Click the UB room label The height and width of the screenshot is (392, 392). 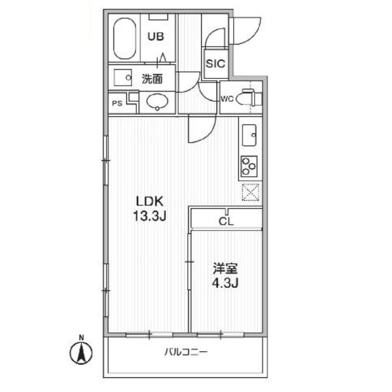click(x=156, y=36)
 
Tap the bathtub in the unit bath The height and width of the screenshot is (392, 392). click(x=125, y=38)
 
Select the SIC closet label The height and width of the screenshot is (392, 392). click(x=215, y=64)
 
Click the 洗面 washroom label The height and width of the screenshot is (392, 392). click(x=152, y=79)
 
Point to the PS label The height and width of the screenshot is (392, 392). click(x=117, y=103)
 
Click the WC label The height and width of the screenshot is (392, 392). click(x=227, y=99)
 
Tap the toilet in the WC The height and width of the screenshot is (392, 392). click(x=249, y=98)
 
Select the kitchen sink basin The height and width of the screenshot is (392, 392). click(x=249, y=135)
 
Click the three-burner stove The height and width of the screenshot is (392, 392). click(x=249, y=166)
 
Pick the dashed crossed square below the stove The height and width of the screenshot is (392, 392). click(x=250, y=192)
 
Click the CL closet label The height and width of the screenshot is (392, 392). click(x=226, y=222)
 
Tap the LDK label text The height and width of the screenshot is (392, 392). click(x=150, y=201)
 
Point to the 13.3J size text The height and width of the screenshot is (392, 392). click(x=150, y=216)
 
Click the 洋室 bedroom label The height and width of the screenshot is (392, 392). click(x=225, y=269)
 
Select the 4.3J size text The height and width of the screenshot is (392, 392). click(x=225, y=283)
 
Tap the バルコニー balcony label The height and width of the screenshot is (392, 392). click(x=186, y=352)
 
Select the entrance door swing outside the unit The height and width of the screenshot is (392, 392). click(x=247, y=31)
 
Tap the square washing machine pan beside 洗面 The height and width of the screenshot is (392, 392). click(x=123, y=77)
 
